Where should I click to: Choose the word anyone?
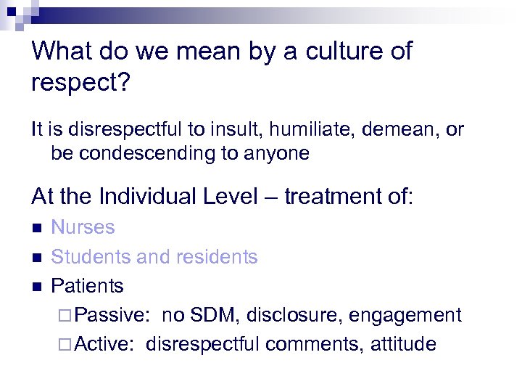pyautogui.click(x=278, y=153)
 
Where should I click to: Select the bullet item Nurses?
pyautogui.click(x=83, y=227)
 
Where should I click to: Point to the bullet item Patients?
pyautogui.click(x=87, y=286)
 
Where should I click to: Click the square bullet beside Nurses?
pyautogui.click(x=38, y=228)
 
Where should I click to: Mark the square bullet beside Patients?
pyautogui.click(x=38, y=287)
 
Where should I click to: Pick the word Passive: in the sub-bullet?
pyautogui.click(x=113, y=315)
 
